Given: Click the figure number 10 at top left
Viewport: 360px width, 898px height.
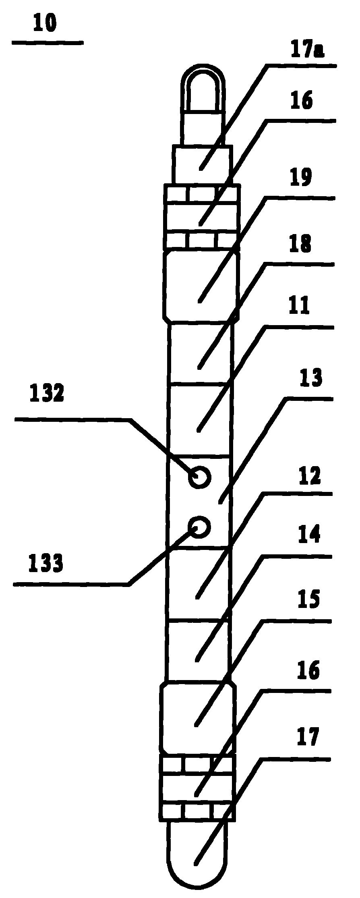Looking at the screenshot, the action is pos(45,24).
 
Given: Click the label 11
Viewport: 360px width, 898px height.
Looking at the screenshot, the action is pos(298,306).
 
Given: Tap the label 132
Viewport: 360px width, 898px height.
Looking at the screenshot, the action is pos(47,393).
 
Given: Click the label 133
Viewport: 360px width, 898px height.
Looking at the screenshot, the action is pos(46,563).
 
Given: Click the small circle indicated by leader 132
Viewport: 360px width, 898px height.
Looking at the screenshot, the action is pos(199,477).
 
